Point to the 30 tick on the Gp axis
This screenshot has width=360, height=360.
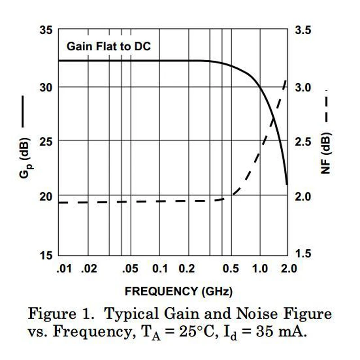point(46,87)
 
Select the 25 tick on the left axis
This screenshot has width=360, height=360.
point(46,141)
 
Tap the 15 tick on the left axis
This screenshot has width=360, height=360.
point(46,254)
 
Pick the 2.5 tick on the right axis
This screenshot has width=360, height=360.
point(302,141)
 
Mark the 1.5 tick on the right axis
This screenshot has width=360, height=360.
point(302,254)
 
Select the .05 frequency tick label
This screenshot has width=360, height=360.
point(130,269)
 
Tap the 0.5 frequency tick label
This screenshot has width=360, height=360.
point(231,269)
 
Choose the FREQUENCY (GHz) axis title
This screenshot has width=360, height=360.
point(179,291)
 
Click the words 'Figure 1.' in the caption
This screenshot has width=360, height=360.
point(54,314)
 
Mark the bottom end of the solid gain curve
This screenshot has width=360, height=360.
point(287,184)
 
